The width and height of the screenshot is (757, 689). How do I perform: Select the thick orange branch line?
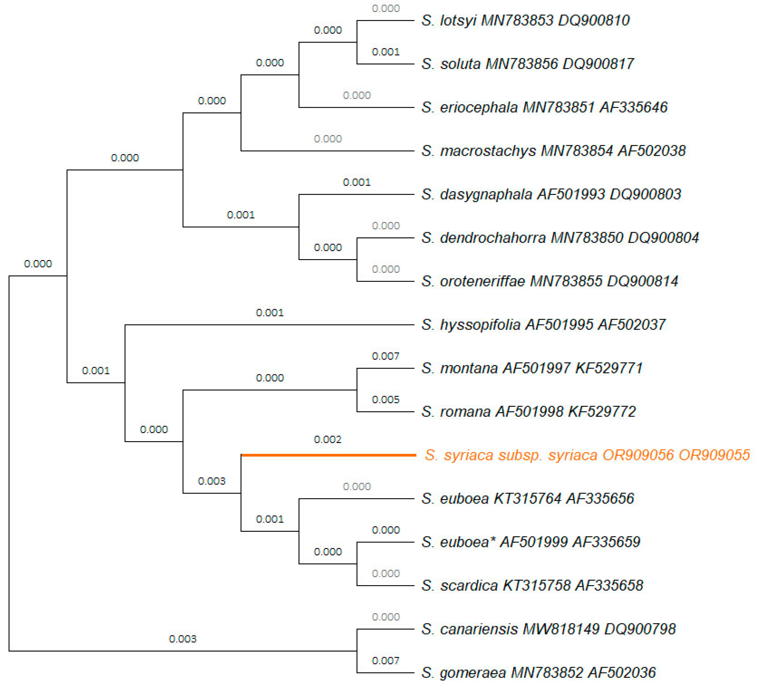[329, 455]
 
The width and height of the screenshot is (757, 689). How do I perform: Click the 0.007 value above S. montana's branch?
[386, 356]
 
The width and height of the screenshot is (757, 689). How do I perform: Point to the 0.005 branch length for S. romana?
[386, 399]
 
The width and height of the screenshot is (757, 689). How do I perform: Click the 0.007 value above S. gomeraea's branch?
[386, 661]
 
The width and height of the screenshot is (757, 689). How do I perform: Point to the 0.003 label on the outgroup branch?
[183, 639]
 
